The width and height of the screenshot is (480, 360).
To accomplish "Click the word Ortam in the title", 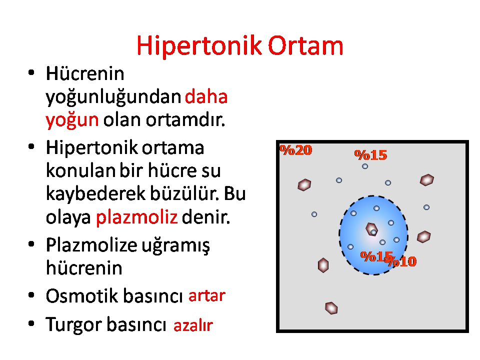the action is pyautogui.click(x=305, y=46).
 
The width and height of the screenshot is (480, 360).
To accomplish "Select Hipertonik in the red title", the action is pyautogui.click(x=199, y=46).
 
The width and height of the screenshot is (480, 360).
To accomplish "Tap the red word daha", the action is pyautogui.click(x=206, y=96).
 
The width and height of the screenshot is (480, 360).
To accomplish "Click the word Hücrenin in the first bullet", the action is pyautogui.click(x=85, y=74).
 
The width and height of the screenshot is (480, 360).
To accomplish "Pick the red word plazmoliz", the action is pyautogui.click(x=137, y=217).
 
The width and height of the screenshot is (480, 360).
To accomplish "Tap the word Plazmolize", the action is pyautogui.click(x=92, y=245).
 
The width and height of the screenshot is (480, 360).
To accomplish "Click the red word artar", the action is pyautogui.click(x=207, y=296).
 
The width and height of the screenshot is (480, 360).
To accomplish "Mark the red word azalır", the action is pyautogui.click(x=193, y=325).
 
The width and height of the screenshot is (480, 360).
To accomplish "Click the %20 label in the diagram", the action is pyautogui.click(x=296, y=150).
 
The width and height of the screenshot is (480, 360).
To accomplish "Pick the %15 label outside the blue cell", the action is pyautogui.click(x=370, y=155).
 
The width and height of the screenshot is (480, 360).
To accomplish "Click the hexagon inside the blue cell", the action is pyautogui.click(x=371, y=229).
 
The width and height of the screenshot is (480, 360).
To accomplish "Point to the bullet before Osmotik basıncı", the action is pyautogui.click(x=31, y=295).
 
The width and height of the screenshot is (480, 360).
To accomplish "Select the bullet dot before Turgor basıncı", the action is pyautogui.click(x=31, y=323).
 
